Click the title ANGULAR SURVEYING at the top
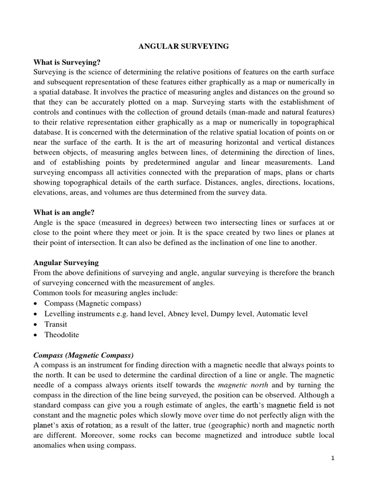pyautogui.click(x=184, y=47)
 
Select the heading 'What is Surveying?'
pyautogui.click(x=67, y=62)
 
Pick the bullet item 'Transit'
pyautogui.click(x=56, y=324)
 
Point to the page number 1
pyautogui.click(x=333, y=458)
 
